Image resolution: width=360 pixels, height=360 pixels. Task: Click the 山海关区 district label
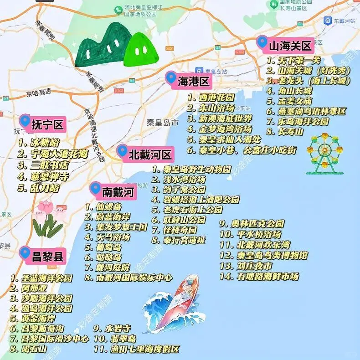pyautogui.click(x=290, y=46)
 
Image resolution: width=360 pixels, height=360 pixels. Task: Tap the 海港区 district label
pyautogui.click(x=193, y=82)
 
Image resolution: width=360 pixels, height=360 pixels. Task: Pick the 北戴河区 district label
pyautogui.click(x=150, y=154)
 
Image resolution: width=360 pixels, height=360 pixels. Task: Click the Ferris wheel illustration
pyautogui.click(x=324, y=154)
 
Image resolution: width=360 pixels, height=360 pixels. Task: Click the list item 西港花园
pyautogui.click(x=216, y=98)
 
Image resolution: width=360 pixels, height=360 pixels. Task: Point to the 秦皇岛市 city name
pyautogui.click(x=162, y=123)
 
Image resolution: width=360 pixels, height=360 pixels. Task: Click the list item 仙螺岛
pyautogui.click(x=109, y=206)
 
